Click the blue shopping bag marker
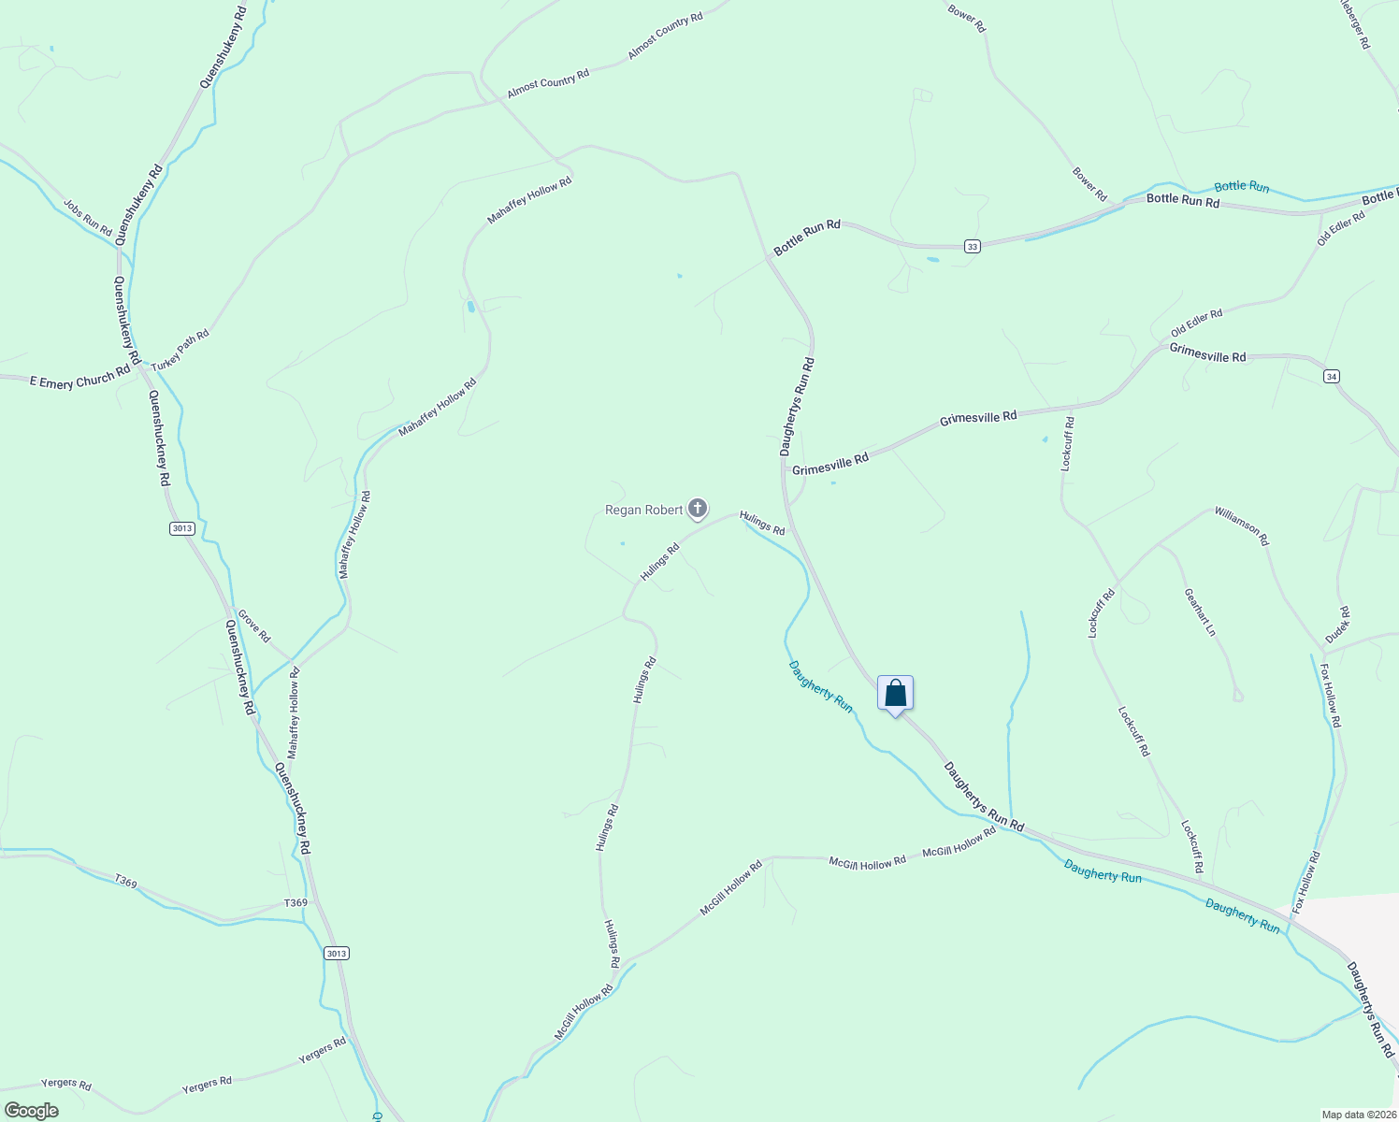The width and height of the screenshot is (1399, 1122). click(895, 694)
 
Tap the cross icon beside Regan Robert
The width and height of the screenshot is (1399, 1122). click(697, 510)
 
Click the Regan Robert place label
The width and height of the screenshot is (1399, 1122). click(644, 511)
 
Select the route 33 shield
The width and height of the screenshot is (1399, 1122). click(973, 246)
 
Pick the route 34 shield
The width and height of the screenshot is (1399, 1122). click(1332, 376)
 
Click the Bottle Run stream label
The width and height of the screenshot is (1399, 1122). click(1241, 187)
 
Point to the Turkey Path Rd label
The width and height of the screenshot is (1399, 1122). click(180, 350)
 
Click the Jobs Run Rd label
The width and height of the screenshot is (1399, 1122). click(88, 217)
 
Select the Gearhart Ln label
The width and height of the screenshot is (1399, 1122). click(1200, 612)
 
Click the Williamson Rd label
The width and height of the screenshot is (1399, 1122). click(1241, 525)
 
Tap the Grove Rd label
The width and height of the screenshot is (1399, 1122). click(253, 626)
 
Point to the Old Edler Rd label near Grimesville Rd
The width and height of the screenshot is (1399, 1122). click(1196, 324)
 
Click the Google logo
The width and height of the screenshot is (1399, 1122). click(31, 1111)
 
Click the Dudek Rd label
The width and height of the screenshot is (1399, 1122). click(1338, 625)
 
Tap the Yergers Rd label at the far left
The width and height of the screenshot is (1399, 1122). click(66, 1084)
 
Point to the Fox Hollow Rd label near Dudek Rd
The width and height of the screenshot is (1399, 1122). click(1330, 696)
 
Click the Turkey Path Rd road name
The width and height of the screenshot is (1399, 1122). click(180, 350)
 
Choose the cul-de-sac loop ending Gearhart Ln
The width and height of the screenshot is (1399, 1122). click(1238, 695)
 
